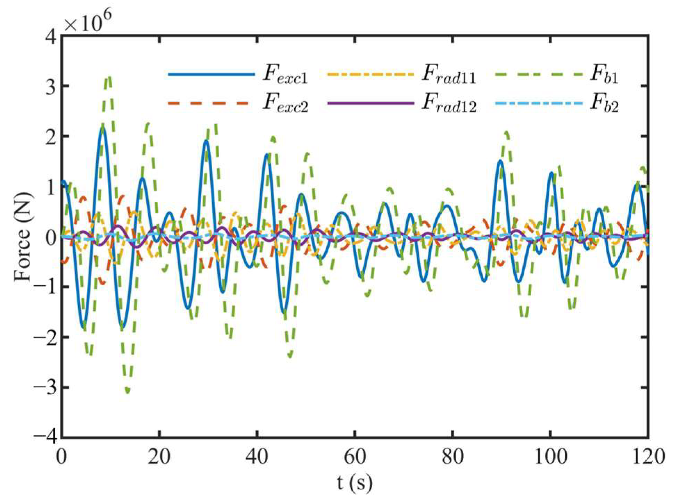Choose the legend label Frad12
click(448, 103)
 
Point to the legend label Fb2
click(604, 103)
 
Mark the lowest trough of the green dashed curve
click(128, 392)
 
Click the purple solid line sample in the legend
click(370, 103)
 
